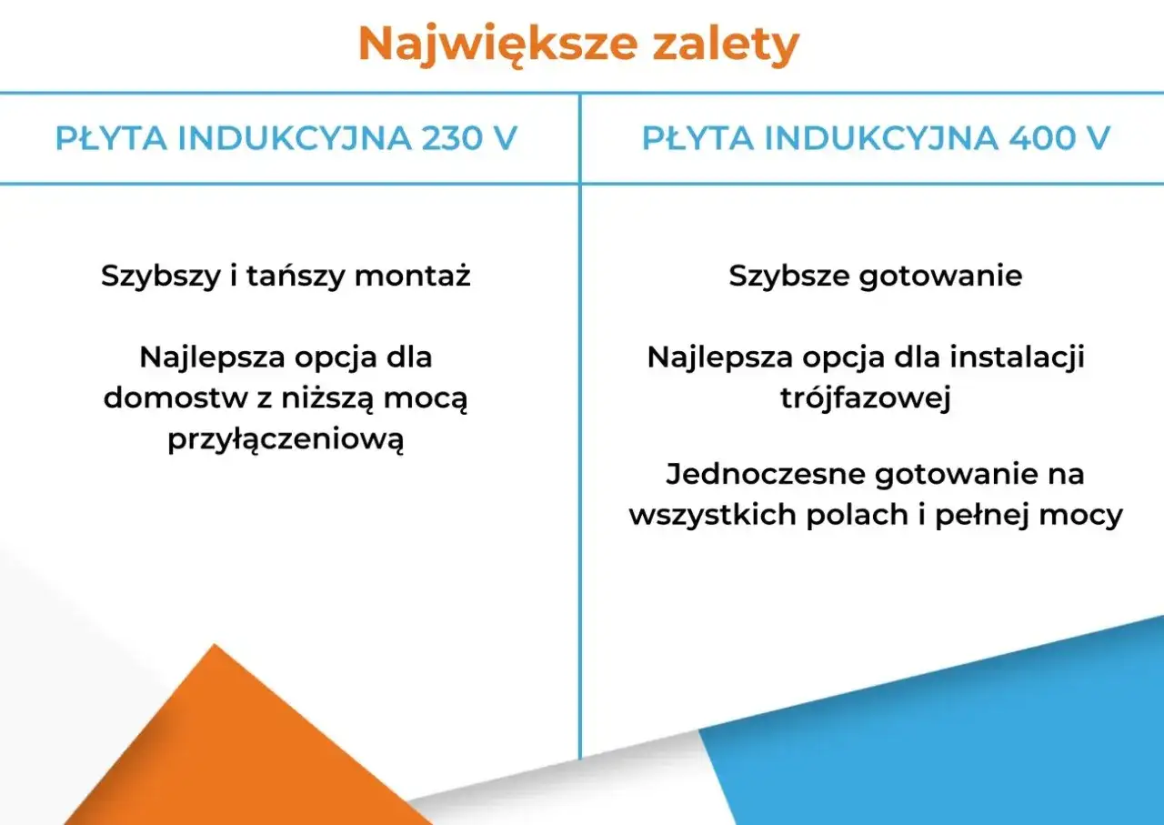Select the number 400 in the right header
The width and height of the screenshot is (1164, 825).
pyautogui.click(x=1044, y=138)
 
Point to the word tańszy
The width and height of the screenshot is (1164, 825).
pyautogui.click(x=294, y=276)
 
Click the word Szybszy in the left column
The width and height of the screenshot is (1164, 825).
pyautogui.click(x=160, y=276)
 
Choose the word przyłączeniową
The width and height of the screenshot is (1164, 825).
pyautogui.click(x=286, y=440)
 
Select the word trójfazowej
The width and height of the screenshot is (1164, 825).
pyautogui.click(x=866, y=398)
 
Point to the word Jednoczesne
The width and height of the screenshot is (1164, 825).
pyautogui.click(x=765, y=474)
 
